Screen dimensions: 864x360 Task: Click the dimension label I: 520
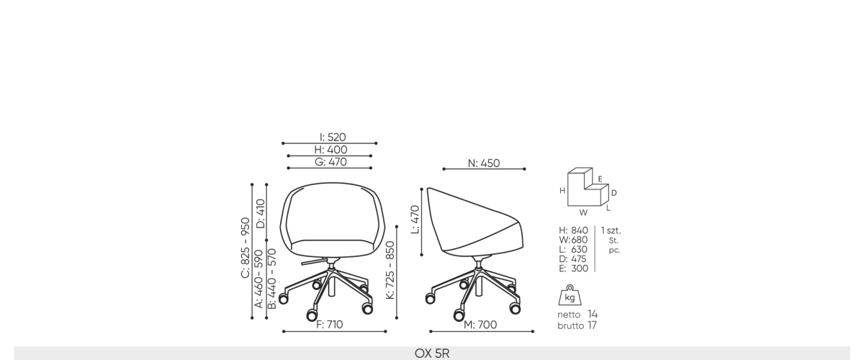333,137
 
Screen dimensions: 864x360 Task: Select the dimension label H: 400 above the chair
330,150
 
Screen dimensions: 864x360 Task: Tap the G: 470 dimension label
330,162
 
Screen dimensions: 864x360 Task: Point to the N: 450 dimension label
484,163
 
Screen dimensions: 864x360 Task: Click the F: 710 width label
330,325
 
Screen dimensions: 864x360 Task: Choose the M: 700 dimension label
480,325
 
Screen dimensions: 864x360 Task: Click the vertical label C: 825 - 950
246,248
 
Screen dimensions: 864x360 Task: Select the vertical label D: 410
261,214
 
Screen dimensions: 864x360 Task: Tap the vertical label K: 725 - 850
390,270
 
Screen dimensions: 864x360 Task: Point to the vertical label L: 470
415,220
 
